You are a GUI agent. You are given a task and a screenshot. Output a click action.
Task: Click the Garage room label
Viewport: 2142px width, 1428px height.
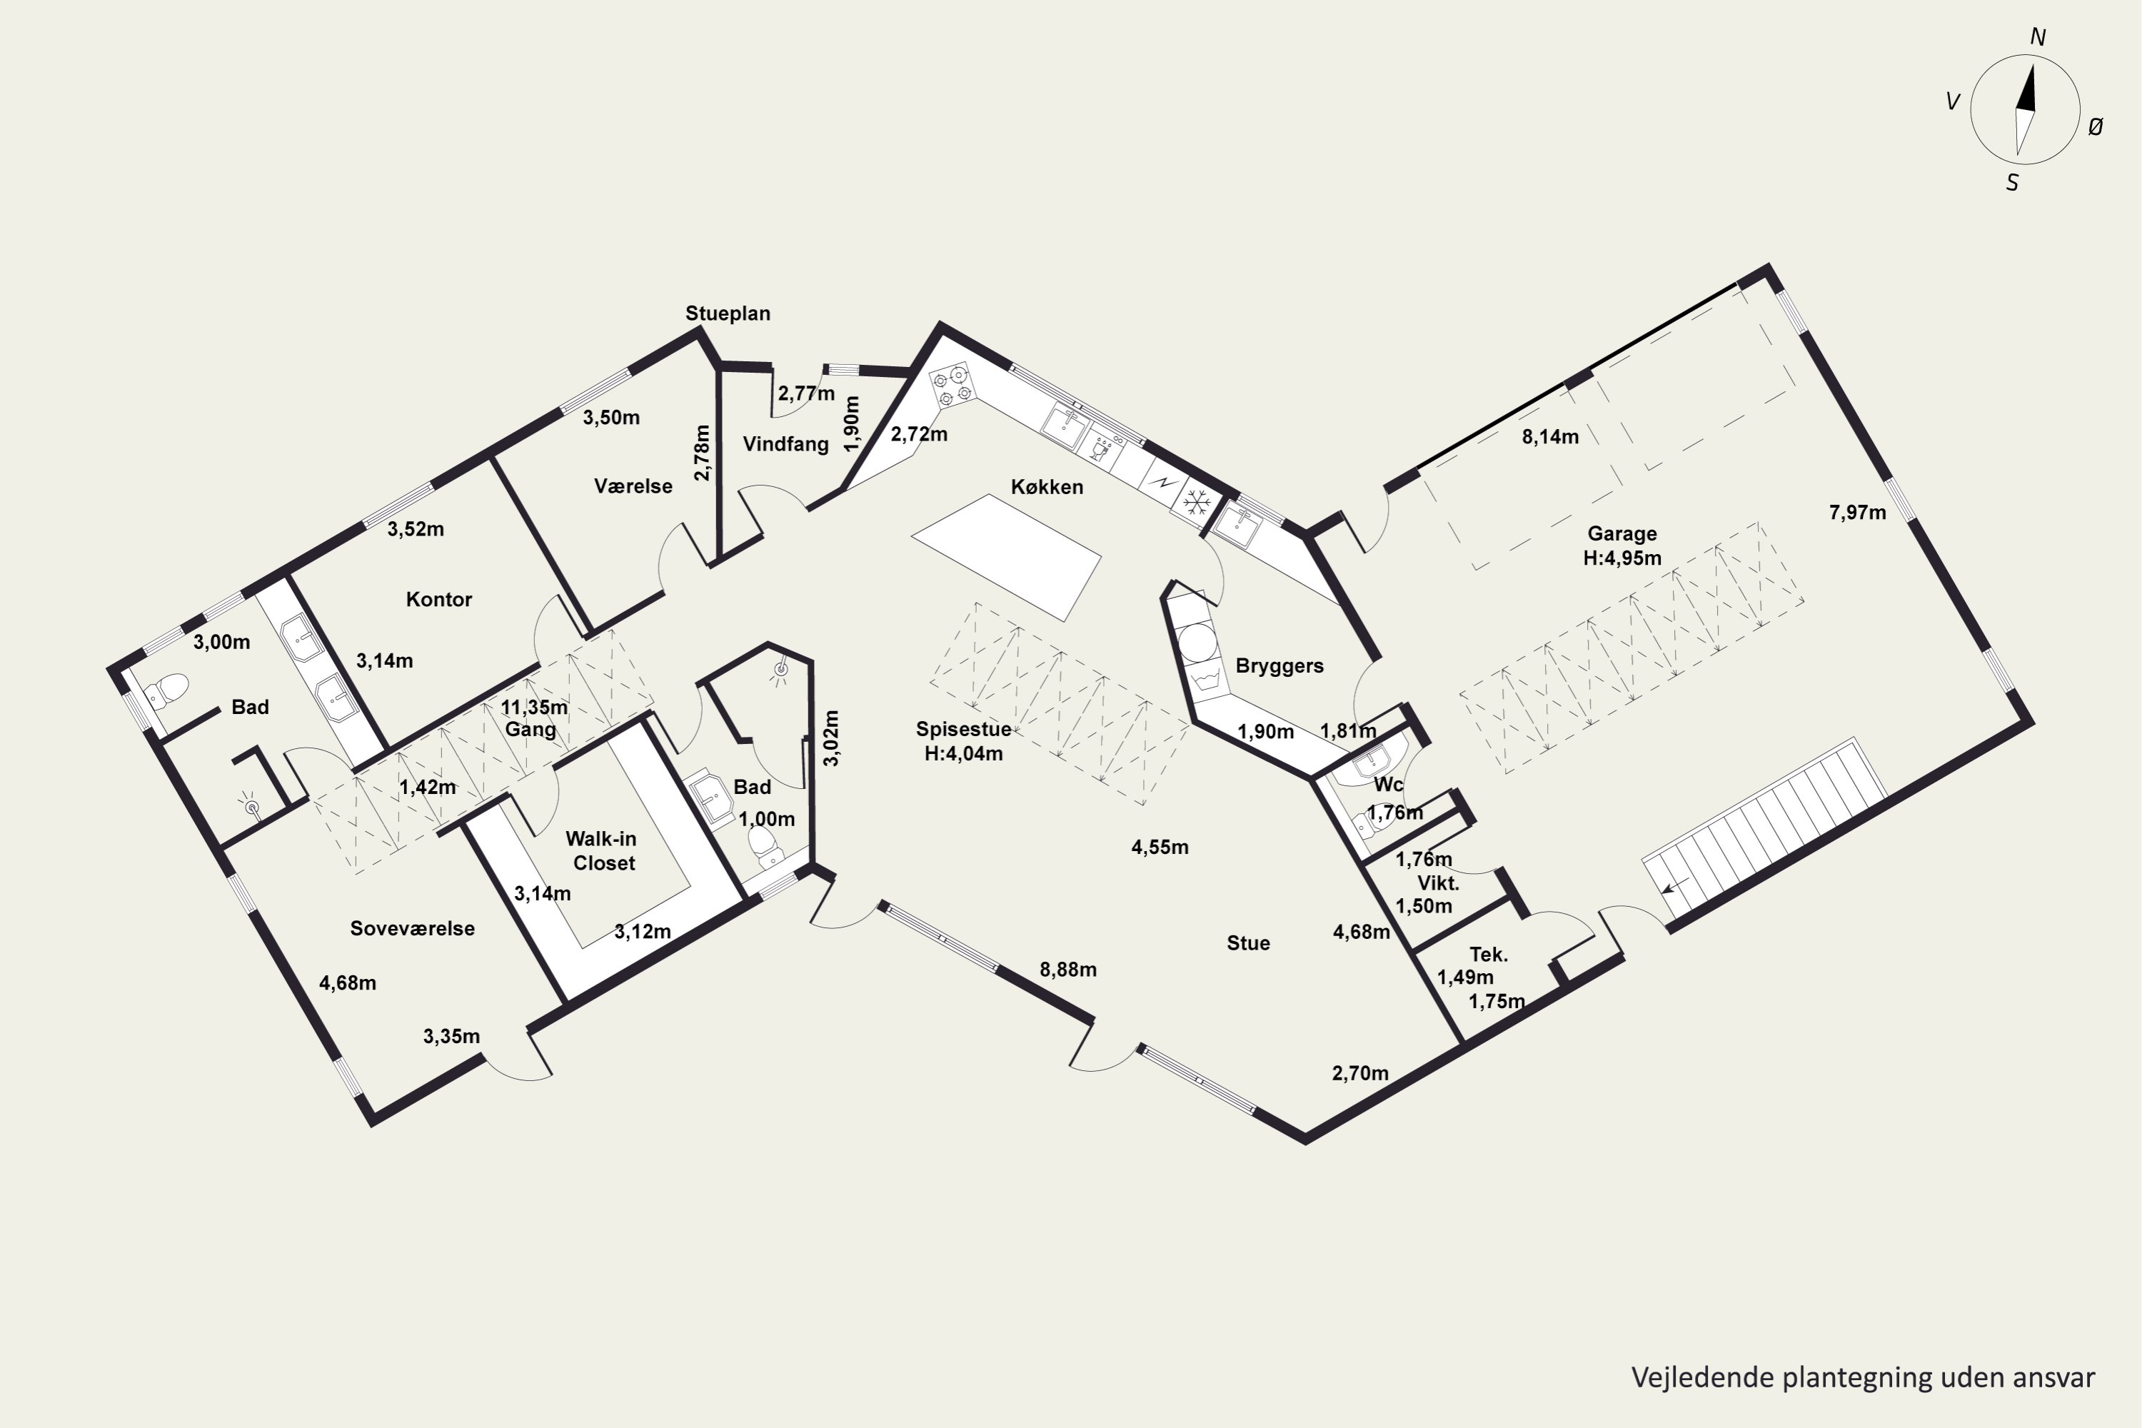[x=1622, y=533]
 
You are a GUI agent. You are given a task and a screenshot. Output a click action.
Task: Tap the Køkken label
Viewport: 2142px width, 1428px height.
[x=1047, y=487]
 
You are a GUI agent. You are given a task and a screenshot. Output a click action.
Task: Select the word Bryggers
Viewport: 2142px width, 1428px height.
[x=1279, y=665]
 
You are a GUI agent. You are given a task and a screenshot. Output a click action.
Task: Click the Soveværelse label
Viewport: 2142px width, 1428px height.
[x=413, y=928]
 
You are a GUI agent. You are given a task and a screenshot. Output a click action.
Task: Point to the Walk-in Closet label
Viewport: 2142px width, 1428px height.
[x=601, y=850]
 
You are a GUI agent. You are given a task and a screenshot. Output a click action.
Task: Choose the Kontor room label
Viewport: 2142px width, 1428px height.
[x=439, y=599]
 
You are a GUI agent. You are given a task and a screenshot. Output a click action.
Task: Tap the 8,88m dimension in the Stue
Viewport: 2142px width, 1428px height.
[x=1068, y=970]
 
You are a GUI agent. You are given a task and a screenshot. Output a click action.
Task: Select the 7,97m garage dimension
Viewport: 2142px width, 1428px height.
[x=1858, y=513]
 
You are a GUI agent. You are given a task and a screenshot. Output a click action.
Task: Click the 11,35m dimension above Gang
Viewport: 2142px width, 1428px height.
[x=535, y=707]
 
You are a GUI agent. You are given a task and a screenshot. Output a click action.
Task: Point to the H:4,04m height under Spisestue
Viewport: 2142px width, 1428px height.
[x=963, y=754]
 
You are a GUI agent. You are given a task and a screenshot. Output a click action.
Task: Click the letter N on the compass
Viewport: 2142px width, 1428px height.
[x=2038, y=37]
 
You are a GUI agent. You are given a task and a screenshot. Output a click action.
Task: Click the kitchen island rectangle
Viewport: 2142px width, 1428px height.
[x=1006, y=558]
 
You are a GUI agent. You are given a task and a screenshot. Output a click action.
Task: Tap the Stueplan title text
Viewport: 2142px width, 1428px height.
[x=728, y=313]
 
